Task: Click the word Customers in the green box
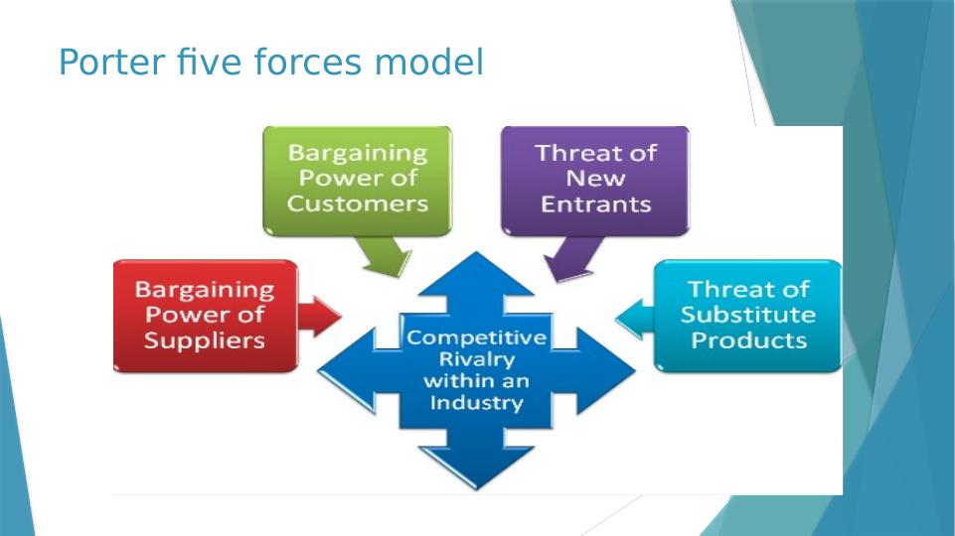[x=357, y=203]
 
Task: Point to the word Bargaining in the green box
[x=357, y=154]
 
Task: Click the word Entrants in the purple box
[x=595, y=204]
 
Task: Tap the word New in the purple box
[x=595, y=179]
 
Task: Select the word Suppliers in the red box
[x=205, y=340]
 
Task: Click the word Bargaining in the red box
[x=205, y=290]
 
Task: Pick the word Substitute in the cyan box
[x=748, y=315]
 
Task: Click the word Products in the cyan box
[x=748, y=340]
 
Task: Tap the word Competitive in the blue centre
[x=477, y=337]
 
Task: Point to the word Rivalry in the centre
[x=477, y=359]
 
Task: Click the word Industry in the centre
[x=477, y=403]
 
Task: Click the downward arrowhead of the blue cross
[x=477, y=467]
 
